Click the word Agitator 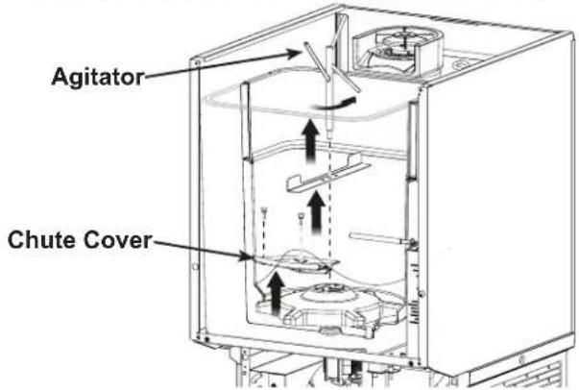pyautogui.click(x=98, y=77)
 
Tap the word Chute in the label pyautogui.click(x=41, y=240)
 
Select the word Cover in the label pyautogui.click(x=117, y=240)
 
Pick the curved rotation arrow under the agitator pyautogui.click(x=333, y=104)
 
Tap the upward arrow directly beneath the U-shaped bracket pyautogui.click(x=317, y=212)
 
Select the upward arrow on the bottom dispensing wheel pyautogui.click(x=276, y=292)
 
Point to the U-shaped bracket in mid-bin pyautogui.click(x=327, y=174)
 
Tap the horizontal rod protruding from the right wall pyautogui.click(x=380, y=238)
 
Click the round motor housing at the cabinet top pyautogui.click(x=396, y=52)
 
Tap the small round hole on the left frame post pyautogui.click(x=195, y=265)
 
